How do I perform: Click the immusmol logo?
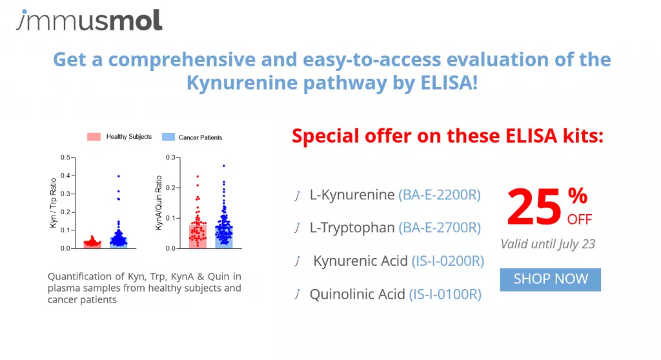(89, 20)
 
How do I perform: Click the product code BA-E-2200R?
(440, 195)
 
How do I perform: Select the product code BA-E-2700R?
(440, 228)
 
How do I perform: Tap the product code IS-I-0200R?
(448, 261)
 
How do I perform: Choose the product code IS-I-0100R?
(445, 294)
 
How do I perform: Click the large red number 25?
(534, 207)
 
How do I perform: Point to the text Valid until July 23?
(547, 244)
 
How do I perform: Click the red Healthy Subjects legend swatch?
(94, 137)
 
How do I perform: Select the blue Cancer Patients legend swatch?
(168, 137)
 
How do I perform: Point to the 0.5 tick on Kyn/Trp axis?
(65, 157)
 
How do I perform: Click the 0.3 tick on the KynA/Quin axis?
(170, 157)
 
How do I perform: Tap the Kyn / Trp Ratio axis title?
(53, 203)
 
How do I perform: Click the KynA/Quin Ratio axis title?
(159, 203)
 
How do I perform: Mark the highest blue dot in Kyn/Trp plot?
(119, 176)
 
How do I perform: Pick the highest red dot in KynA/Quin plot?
(198, 177)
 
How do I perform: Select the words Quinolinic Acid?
(358, 294)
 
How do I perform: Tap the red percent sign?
(578, 195)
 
